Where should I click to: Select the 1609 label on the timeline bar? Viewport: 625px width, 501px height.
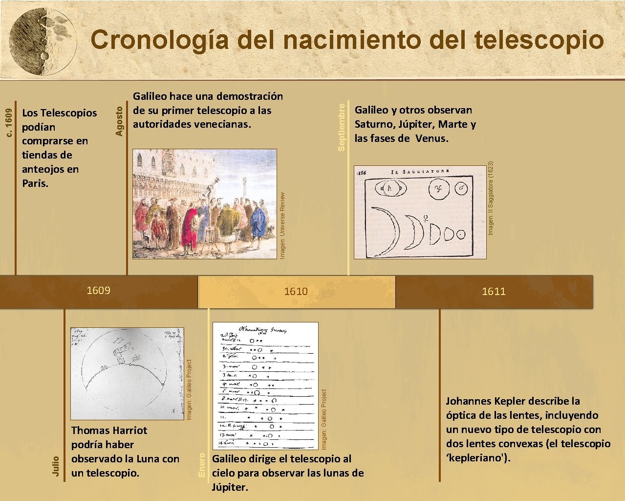[98, 291]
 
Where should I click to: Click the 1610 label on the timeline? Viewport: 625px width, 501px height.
[296, 292]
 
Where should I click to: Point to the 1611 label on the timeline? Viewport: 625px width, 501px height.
[494, 292]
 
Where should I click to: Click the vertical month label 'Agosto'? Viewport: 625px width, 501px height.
[120, 121]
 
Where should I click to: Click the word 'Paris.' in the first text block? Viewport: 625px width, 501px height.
[35, 183]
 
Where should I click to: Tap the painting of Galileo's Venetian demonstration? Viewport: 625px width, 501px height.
[204, 204]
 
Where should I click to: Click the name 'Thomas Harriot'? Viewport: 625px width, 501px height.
[109, 431]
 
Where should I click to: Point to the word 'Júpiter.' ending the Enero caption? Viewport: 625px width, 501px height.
[230, 487]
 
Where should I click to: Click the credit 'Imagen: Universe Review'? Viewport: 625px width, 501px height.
[282, 225]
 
